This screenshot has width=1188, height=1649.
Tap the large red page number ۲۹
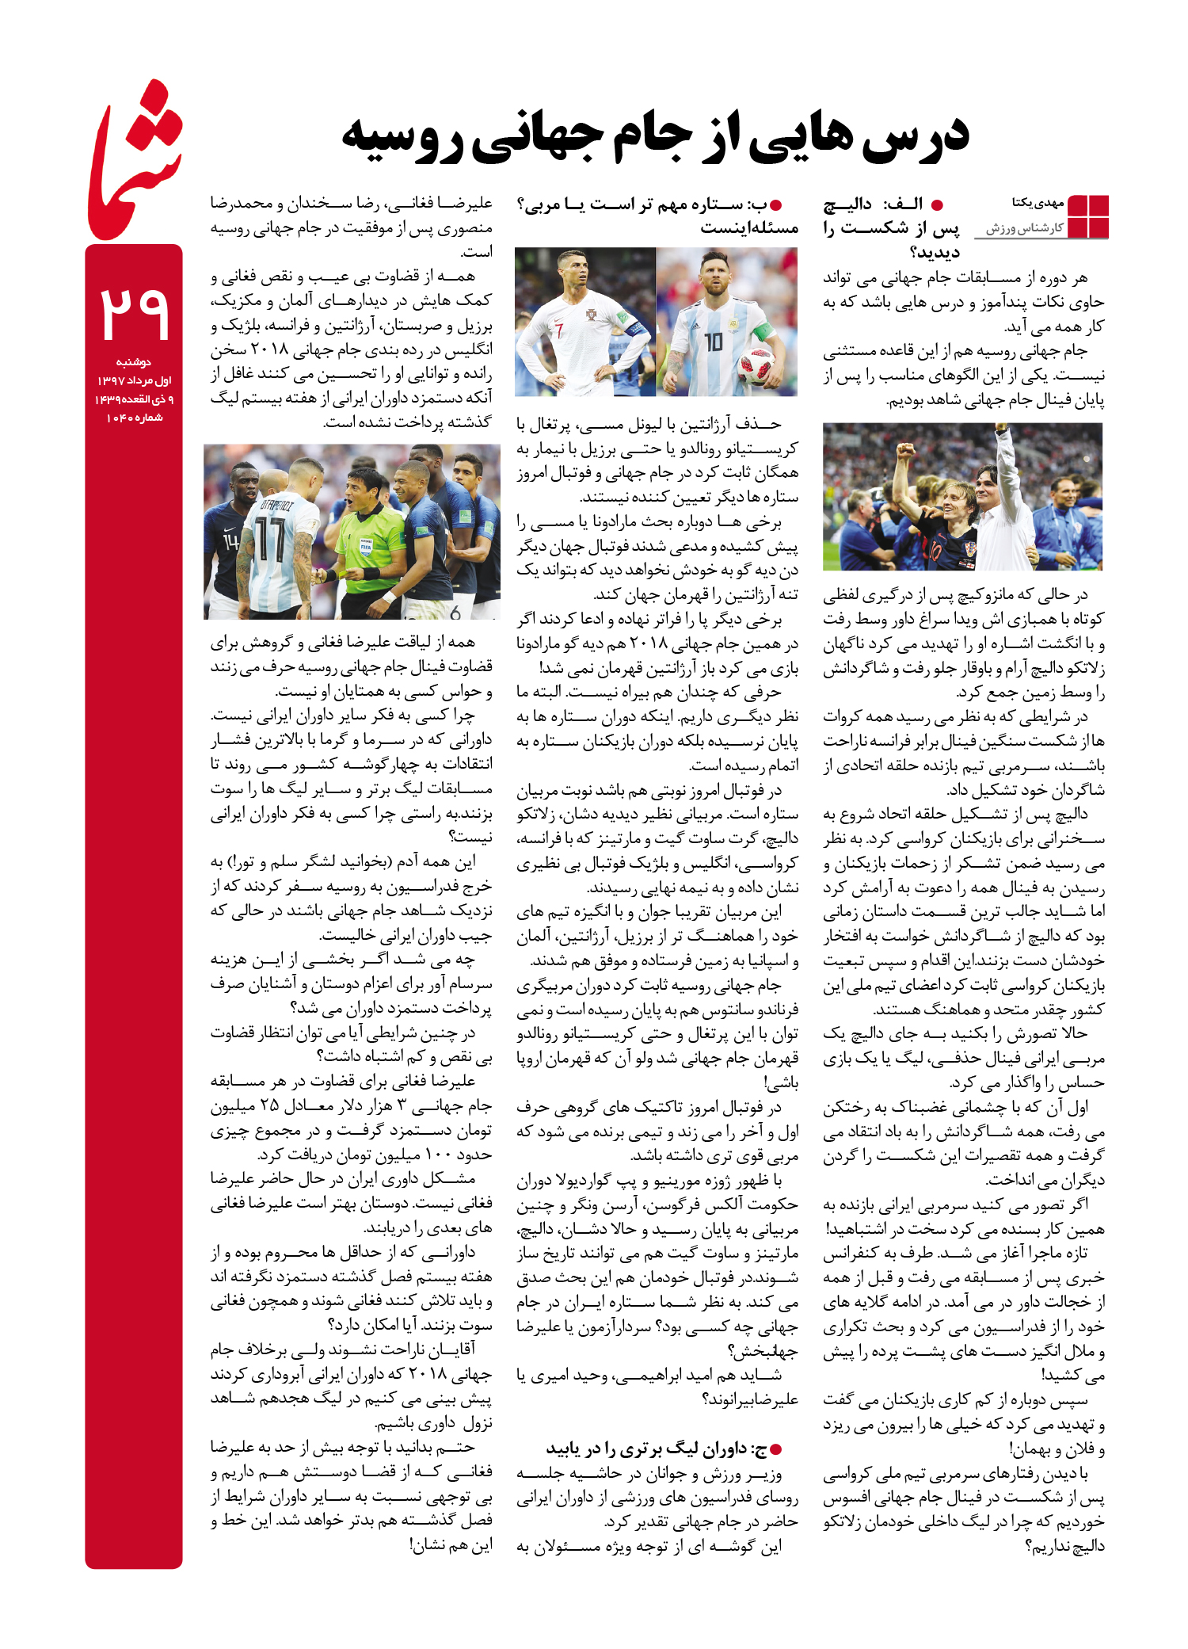coord(134,312)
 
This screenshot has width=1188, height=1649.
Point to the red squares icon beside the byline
coord(1088,216)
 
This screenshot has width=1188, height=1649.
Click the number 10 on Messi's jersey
coord(713,342)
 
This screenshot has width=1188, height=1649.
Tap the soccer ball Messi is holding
coord(756,367)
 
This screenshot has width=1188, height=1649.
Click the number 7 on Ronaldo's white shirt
coord(559,330)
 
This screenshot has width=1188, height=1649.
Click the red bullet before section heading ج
coord(776,1450)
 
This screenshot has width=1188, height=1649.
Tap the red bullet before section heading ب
coord(776,204)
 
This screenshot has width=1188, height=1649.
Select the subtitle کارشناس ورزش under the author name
coord(1025,229)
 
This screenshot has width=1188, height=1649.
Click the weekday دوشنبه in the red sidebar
coord(134,362)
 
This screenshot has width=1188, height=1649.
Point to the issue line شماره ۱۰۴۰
coord(134,418)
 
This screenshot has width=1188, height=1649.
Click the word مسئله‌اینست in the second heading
coord(749,228)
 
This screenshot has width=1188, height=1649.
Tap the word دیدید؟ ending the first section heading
coord(935,253)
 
